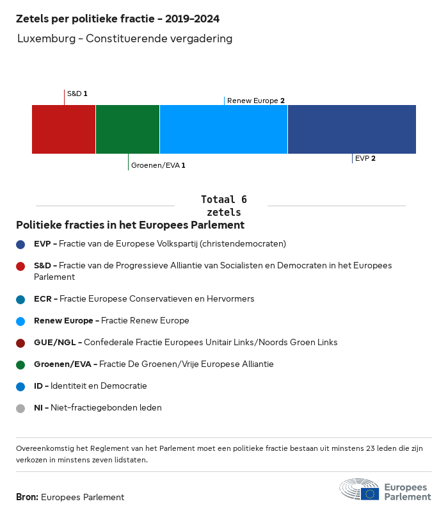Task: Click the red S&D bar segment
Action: pos(63,129)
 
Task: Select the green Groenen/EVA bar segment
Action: pos(127,129)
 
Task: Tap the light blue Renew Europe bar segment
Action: pos(223,129)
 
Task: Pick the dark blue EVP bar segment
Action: pos(351,129)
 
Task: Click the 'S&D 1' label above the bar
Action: pos(77,94)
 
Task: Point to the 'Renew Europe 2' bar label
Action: pos(255,101)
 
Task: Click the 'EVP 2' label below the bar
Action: pos(365,158)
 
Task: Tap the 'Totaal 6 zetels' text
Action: pos(223,206)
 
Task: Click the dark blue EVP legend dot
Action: pos(20,244)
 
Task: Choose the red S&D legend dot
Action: pos(20,266)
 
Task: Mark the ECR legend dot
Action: pos(20,299)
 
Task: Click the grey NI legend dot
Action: pos(20,408)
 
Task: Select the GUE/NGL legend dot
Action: pos(20,343)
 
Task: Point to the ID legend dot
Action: pos(20,386)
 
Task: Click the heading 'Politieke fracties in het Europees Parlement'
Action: pos(130,225)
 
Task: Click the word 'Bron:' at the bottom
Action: pos(27,497)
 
